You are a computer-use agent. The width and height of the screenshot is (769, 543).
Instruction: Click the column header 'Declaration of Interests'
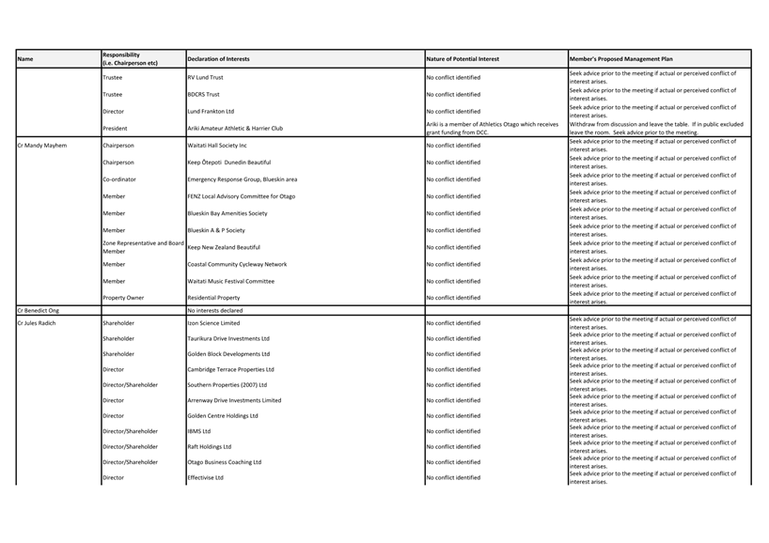coord(218,59)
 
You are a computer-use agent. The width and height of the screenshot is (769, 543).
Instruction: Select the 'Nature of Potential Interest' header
coord(463,59)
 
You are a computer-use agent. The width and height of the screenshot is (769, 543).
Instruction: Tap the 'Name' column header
coord(25,59)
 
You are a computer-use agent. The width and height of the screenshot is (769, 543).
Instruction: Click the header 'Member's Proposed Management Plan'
coord(621,59)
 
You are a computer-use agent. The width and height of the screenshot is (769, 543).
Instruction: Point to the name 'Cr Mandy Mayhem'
coord(42,146)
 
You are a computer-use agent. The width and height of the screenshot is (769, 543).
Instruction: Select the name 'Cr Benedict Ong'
coord(40,309)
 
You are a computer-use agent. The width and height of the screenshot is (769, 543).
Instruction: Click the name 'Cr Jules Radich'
coord(37,323)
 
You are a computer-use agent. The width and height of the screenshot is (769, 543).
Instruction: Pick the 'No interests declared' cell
coord(214,309)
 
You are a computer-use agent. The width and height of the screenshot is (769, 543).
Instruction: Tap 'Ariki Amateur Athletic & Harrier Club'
coord(234,129)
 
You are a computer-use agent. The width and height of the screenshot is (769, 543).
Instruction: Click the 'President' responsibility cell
coord(115,129)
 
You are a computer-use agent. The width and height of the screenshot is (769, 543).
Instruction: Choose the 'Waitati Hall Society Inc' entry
coord(217,146)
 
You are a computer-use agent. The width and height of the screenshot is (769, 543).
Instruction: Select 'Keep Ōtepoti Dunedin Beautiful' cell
coord(228,163)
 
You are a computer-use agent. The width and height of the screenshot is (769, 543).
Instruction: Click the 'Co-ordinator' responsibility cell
coord(118,179)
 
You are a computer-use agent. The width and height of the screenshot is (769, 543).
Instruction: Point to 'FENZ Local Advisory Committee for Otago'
coord(241,196)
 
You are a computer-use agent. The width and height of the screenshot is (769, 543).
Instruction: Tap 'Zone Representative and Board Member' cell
coord(143,247)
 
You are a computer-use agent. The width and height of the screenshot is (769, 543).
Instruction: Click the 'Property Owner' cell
coord(123,298)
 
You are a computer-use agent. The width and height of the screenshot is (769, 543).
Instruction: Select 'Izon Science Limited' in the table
coord(213,323)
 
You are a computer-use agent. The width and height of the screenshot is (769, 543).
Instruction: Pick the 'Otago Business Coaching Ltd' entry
coord(224,462)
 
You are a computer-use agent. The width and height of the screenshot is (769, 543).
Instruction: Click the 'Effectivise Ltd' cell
coord(205,478)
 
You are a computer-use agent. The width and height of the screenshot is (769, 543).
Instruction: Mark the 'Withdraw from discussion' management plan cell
coord(655,129)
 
